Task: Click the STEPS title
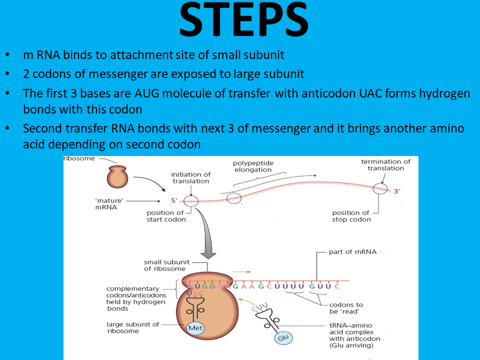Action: coord(243,21)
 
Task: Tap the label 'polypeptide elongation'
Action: coord(252,166)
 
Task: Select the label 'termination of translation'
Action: coord(385,164)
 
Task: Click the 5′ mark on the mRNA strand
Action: coord(174,200)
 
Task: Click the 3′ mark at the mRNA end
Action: coord(397,191)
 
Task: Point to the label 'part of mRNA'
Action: coord(352,252)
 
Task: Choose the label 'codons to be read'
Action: coord(345,308)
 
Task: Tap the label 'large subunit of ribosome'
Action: coord(132,327)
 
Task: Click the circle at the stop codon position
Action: coord(379,188)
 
